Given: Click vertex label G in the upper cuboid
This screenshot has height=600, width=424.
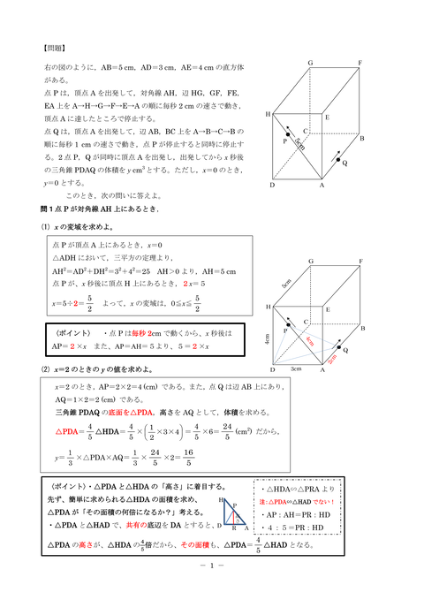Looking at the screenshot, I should (x=309, y=64).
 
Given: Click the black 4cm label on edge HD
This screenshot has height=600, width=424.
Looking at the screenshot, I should (x=265, y=337).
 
